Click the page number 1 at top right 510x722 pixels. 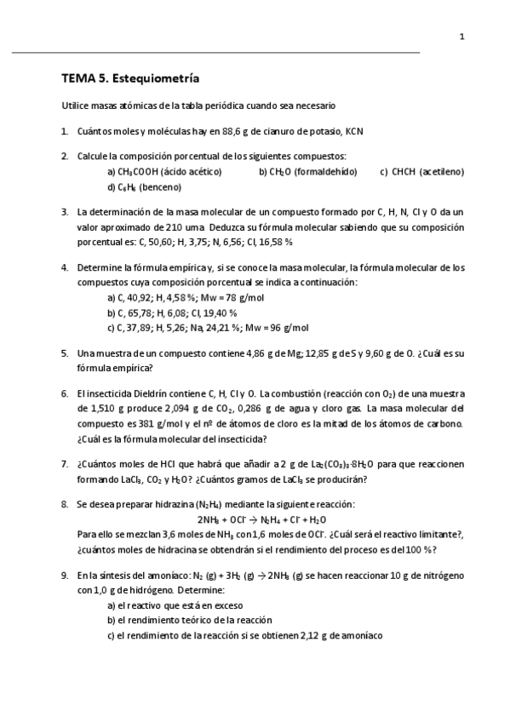(461, 37)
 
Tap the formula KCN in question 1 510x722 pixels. (357, 131)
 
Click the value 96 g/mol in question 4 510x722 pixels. (285, 327)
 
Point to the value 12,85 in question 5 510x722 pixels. (291, 352)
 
